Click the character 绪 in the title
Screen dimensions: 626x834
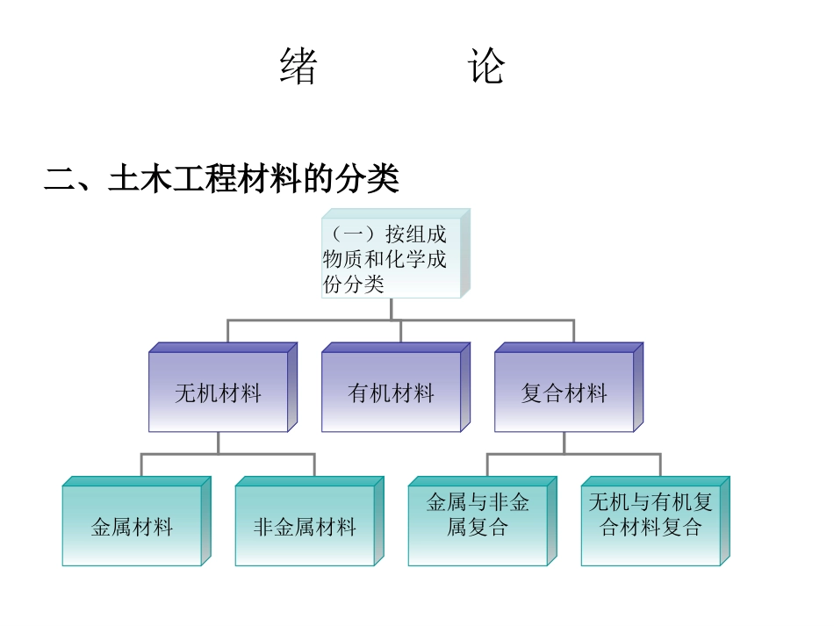point(298,67)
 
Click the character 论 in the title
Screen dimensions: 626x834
point(486,67)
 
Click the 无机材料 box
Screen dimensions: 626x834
point(218,392)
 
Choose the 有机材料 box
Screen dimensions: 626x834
point(391,392)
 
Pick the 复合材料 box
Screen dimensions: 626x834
point(564,392)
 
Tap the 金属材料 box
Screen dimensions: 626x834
point(132,526)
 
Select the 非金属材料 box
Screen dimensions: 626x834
point(305,526)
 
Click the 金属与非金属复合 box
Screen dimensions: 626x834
point(478,515)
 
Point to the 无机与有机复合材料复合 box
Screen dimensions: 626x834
point(651,515)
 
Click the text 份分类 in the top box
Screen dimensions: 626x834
point(354,284)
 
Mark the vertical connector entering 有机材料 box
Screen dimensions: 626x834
point(400,332)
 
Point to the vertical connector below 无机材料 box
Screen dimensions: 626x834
point(218,443)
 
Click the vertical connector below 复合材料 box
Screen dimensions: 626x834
point(564,443)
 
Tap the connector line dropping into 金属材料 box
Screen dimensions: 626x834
point(141,465)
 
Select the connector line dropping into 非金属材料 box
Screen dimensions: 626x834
point(314,465)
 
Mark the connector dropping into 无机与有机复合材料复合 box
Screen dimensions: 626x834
point(660,465)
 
